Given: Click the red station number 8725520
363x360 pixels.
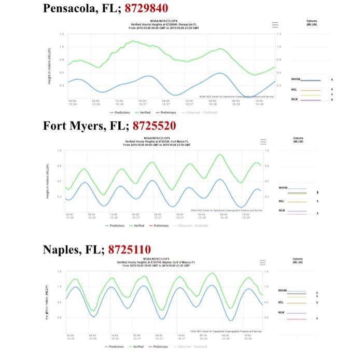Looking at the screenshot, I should click(154, 126).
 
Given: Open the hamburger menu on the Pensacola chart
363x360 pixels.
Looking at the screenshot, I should click(275, 24).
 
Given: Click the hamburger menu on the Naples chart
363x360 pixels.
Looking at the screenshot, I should click(263, 262).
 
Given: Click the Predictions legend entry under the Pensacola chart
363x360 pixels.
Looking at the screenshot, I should click(120, 112).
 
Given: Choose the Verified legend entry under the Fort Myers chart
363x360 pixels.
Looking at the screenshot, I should click(137, 226).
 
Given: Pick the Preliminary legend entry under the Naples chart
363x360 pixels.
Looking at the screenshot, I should click(159, 346).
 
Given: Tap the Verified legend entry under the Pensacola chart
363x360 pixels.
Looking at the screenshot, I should click(145, 112).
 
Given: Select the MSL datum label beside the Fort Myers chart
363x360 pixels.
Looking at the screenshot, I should click(281, 201).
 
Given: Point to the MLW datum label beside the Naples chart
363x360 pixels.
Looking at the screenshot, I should click(281, 313).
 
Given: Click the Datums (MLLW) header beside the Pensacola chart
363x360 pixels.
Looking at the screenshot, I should click(312, 22).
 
